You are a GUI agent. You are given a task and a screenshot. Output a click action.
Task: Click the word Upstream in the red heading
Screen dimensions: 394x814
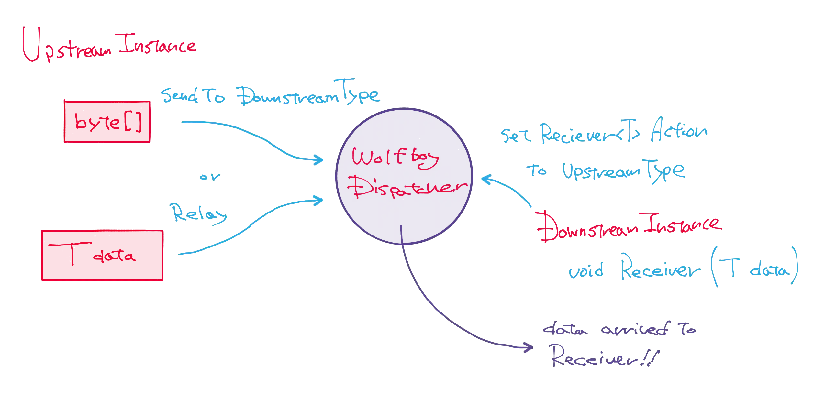[65, 47]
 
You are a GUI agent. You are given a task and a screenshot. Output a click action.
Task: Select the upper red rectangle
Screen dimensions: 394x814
[107, 121]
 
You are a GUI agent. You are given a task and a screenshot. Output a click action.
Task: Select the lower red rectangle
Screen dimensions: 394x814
[102, 255]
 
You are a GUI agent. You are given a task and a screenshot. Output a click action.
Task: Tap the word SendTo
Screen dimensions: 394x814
[193, 96]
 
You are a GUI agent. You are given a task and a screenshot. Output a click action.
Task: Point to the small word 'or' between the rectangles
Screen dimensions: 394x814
[210, 177]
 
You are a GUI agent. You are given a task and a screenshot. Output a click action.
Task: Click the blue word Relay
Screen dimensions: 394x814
[199, 213]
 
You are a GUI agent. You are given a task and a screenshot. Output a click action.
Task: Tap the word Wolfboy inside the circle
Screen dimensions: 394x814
[395, 159]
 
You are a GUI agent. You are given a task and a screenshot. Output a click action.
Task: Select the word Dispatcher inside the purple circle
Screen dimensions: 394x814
[409, 189]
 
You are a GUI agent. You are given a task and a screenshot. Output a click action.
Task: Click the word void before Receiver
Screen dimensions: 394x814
[586, 271]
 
